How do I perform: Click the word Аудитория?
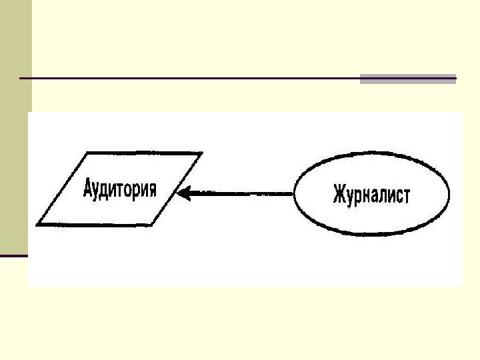coord(120,189)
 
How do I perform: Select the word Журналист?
coord(372,195)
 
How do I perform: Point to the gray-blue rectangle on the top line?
coord(407,79)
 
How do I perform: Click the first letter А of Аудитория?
coord(88,189)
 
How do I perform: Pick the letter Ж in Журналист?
coord(338,195)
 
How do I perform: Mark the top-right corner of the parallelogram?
coord(203,152)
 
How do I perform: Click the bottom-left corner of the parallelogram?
coord(37,225)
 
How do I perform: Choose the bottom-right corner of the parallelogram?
coord(153,225)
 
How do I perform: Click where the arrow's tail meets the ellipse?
coord(294,194)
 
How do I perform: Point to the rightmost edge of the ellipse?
coord(449,194)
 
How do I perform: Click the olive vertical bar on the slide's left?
coord(15,127)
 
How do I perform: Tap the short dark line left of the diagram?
coord(13,255)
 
